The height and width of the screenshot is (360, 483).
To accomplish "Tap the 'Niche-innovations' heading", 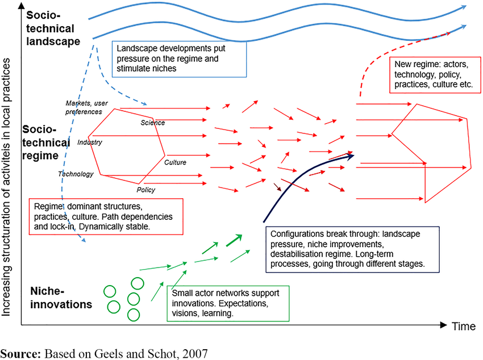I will point(61,298).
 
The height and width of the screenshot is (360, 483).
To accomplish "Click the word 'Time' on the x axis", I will point(464,326).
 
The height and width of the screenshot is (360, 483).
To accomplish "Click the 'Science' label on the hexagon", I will point(152,123).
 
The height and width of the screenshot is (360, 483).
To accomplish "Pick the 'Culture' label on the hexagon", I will point(175,163).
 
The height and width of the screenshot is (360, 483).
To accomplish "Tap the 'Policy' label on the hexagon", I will point(145,190).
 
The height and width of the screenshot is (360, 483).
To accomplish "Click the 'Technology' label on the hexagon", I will point(76,174).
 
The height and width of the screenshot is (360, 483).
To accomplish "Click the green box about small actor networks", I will point(228,303).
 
